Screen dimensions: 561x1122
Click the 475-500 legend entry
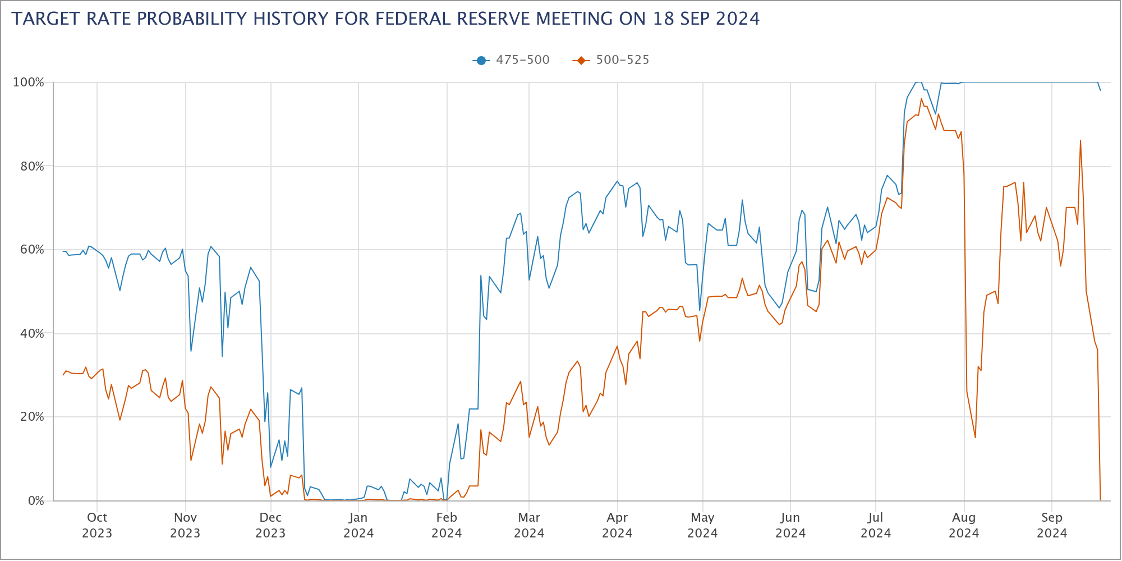[x=512, y=60]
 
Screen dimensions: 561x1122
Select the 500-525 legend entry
[x=611, y=60]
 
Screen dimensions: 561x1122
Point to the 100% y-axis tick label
[x=29, y=82]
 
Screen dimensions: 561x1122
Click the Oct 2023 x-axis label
[x=97, y=525]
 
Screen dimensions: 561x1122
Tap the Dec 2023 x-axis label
[x=270, y=525]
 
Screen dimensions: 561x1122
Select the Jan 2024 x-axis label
[x=358, y=525]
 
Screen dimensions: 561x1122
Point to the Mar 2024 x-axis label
[x=529, y=525]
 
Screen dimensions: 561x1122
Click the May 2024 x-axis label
[x=702, y=525]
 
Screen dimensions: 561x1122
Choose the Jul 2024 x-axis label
[x=876, y=525]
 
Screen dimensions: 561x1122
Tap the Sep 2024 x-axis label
[x=1052, y=525]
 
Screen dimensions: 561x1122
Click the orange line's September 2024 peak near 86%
[x=1080, y=141]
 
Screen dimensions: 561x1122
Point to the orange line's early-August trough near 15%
[x=976, y=438]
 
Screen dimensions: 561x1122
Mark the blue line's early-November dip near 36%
[x=191, y=351]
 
